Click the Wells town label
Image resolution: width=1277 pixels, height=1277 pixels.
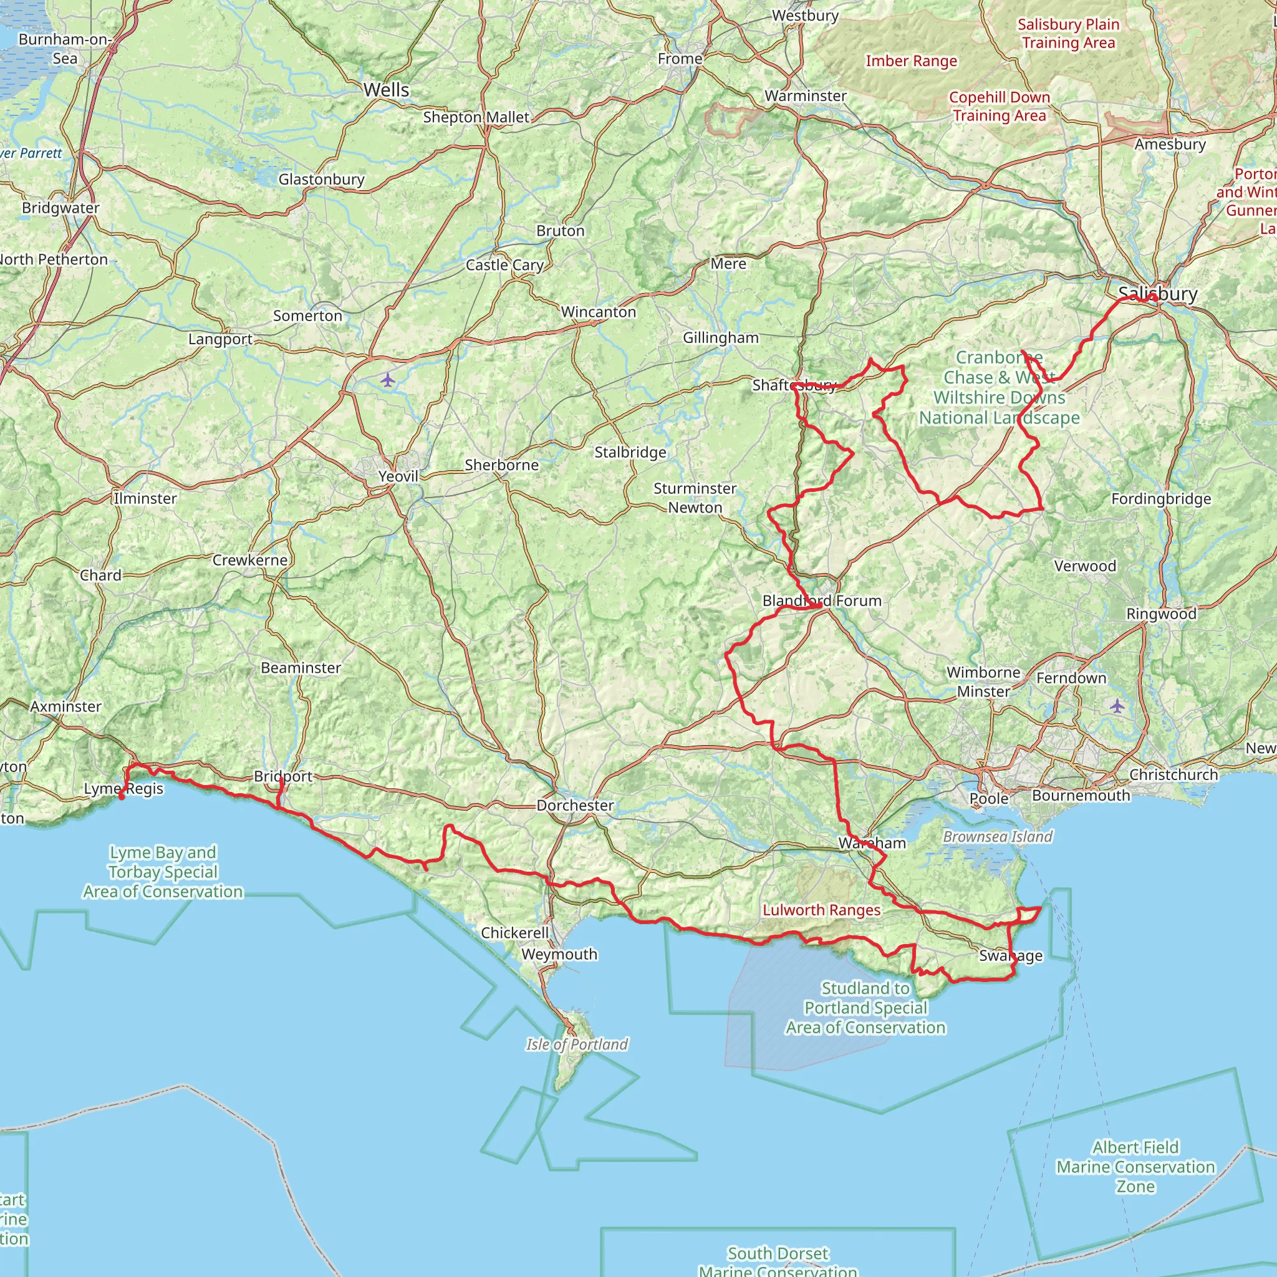(386, 90)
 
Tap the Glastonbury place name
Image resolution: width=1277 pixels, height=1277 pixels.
(321, 179)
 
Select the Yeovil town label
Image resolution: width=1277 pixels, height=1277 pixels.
(398, 476)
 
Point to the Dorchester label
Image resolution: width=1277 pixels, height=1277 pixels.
(575, 805)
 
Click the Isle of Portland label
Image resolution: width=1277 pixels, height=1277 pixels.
(576, 1044)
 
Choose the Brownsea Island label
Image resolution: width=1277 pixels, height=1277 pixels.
(998, 836)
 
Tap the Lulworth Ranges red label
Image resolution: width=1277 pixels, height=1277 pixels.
(822, 910)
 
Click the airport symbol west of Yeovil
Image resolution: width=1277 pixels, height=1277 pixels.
(387, 380)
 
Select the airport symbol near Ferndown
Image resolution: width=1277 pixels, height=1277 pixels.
(1116, 706)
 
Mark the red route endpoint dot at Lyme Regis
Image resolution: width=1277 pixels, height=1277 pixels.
(122, 796)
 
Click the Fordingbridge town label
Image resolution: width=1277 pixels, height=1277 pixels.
(1160, 498)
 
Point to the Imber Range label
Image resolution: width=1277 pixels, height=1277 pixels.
(911, 61)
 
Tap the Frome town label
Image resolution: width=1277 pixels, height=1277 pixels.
(680, 59)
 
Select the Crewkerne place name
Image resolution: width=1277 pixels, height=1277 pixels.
(250, 560)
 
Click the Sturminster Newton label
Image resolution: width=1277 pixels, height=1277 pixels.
(695, 498)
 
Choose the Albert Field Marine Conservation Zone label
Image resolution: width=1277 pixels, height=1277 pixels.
(1135, 1167)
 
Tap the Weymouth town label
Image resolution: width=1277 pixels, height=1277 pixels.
(559, 954)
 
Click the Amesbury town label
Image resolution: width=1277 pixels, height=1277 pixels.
(1170, 144)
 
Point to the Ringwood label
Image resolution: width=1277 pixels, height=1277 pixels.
(1161, 614)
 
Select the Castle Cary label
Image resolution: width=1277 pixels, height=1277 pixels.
(504, 265)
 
